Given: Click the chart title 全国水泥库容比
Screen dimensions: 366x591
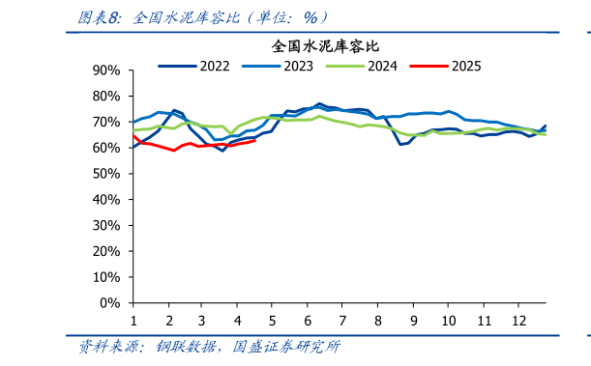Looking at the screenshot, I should pyautogui.click(x=325, y=45).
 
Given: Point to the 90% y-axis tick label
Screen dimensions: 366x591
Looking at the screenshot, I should pyautogui.click(x=106, y=70).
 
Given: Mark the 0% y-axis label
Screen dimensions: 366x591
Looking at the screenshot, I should pyautogui.click(x=110, y=302).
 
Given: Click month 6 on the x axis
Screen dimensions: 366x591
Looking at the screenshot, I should pyautogui.click(x=308, y=320).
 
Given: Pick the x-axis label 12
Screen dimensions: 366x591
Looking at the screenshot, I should pyautogui.click(x=517, y=320).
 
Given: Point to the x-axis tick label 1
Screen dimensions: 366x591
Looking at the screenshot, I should pyautogui.click(x=133, y=320).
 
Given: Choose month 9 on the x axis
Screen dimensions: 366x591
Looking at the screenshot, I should pyautogui.click(x=413, y=320).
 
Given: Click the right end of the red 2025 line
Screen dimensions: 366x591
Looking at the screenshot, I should pyautogui.click(x=254, y=140).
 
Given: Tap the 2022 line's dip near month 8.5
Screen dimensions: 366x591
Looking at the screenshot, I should pyautogui.click(x=399, y=144).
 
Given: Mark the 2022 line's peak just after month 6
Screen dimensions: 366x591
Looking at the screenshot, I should pyautogui.click(x=320, y=103).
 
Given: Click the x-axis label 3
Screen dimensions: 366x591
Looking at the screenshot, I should pyautogui.click(x=202, y=320).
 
